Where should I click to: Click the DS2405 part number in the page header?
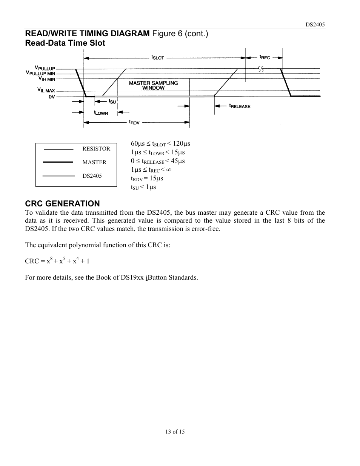[x=315, y=25]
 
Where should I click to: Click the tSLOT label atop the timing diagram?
[x=157, y=57]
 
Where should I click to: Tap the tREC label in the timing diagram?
[x=265, y=57]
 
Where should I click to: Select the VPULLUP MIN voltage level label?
[x=41, y=73]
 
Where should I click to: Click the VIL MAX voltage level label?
[x=46, y=91]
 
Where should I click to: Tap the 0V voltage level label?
[x=52, y=97]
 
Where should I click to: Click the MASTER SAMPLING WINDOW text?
[x=153, y=85]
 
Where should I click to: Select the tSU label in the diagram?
[x=112, y=102]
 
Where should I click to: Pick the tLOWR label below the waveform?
[x=101, y=112]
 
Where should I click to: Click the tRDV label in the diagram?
[x=134, y=122]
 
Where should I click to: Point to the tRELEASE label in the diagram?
[x=240, y=106]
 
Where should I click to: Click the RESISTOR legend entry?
[x=96, y=149]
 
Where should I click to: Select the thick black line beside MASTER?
[x=58, y=162]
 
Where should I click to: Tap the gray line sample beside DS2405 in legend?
[x=58, y=175]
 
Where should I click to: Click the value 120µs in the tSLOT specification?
[x=182, y=144]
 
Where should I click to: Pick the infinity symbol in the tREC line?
[x=169, y=170]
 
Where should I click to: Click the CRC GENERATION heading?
[x=63, y=204]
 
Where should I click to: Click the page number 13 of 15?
[x=175, y=432]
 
